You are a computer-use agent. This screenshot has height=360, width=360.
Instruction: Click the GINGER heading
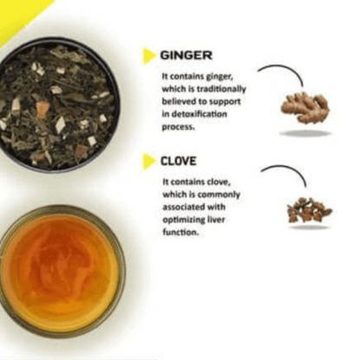coord(185,55)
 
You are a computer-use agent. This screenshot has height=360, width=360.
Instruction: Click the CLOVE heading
coord(178,161)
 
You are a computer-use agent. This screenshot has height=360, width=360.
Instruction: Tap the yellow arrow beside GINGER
coord(149,56)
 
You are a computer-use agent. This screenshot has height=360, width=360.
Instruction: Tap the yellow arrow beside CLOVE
coord(149,161)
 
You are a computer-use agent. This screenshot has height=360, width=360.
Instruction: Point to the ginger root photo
coord(305,109)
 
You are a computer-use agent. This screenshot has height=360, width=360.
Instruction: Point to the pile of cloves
coord(309,210)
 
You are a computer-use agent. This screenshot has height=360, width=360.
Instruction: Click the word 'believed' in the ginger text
coord(178,101)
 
